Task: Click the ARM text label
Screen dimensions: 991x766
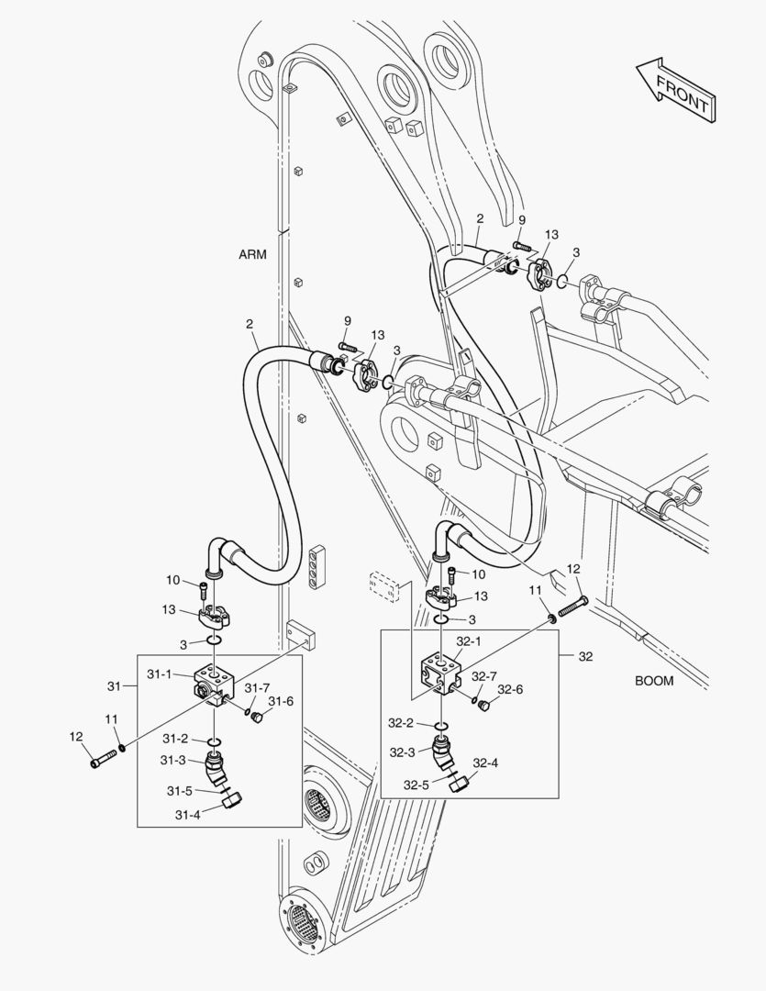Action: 252,255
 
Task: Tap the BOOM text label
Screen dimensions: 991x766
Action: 653,681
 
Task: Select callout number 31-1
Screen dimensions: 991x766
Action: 160,674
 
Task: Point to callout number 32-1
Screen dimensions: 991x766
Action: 469,641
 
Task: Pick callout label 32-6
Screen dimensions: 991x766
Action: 510,689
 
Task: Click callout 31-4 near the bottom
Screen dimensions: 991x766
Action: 187,814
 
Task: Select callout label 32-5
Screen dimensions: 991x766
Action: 416,785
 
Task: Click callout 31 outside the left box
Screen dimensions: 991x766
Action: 114,685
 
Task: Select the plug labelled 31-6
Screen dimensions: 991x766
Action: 258,716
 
